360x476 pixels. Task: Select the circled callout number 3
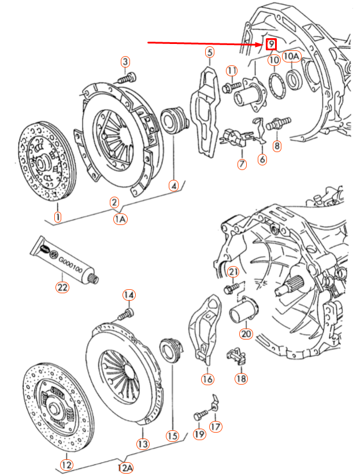125,62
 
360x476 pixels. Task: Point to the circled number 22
62,286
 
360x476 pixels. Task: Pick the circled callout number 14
128,296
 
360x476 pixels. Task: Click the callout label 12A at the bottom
125,467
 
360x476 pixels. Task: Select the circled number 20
246,334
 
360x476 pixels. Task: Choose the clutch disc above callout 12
57,410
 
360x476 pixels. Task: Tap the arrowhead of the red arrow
259,43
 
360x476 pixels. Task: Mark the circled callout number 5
209,53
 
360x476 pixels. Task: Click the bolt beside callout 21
230,287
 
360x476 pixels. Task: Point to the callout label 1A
120,219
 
